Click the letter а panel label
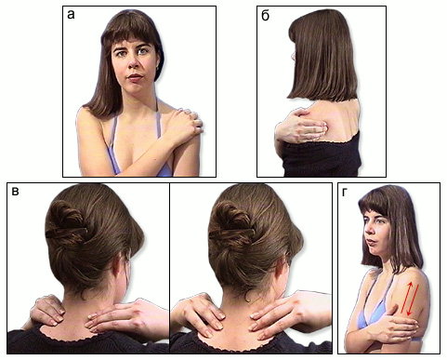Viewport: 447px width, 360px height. point(71,15)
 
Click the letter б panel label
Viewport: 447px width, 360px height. point(265,15)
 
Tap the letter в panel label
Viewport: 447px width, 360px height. point(15,192)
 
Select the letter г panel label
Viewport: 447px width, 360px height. point(345,193)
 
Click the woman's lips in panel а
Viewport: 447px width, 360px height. point(135,77)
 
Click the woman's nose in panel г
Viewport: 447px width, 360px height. point(367,230)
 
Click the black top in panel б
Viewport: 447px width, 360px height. point(321,155)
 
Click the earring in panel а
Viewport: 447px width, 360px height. point(158,67)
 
